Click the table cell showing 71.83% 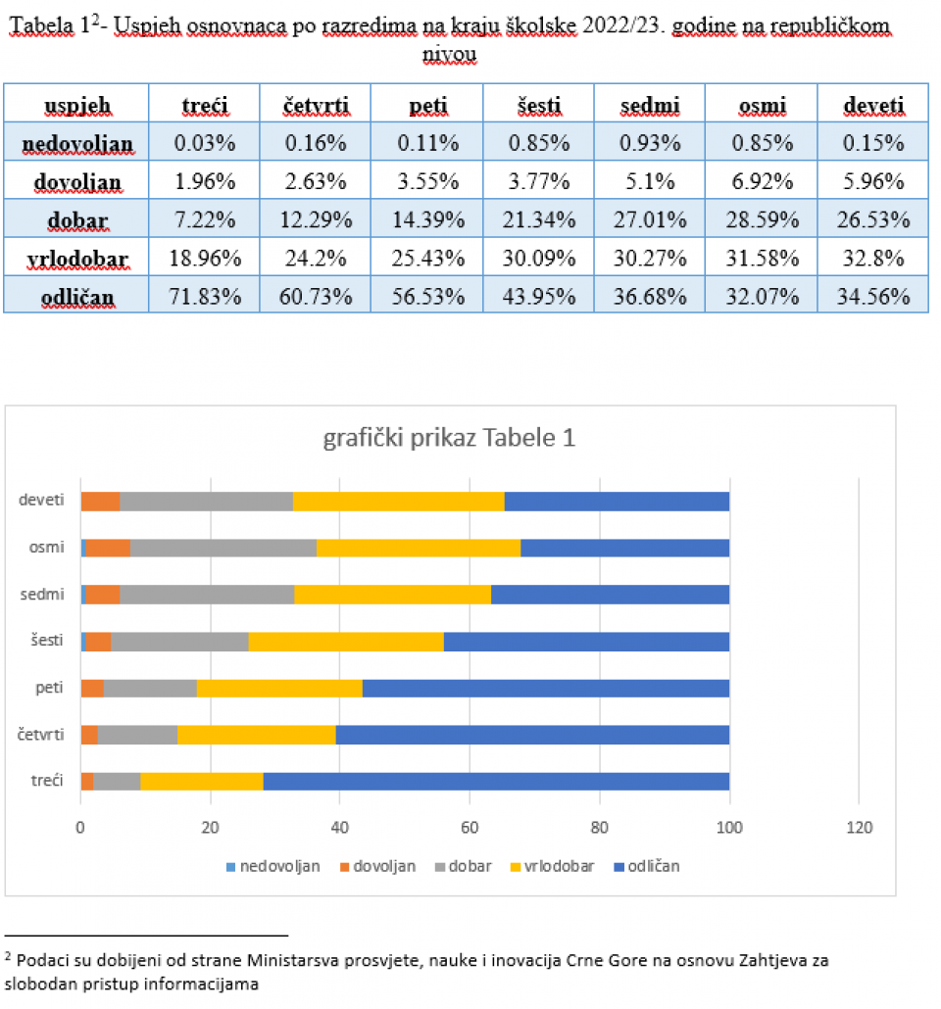click(x=205, y=295)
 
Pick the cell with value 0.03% click(x=205, y=144)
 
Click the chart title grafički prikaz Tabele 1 click(x=449, y=438)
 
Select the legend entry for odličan click(x=646, y=866)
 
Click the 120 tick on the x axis click(x=859, y=826)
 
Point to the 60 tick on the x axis click(x=470, y=826)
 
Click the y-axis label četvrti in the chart click(x=42, y=733)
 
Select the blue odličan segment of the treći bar click(x=496, y=780)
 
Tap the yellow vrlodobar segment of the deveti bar click(x=398, y=501)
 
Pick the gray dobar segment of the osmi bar click(x=223, y=547)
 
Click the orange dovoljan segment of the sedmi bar click(x=103, y=594)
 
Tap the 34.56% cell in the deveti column click(x=872, y=295)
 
